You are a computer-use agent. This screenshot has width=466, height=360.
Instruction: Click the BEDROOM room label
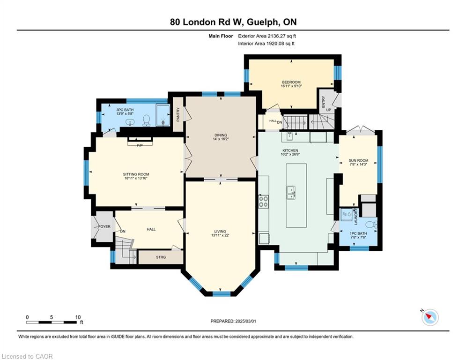point(291,82)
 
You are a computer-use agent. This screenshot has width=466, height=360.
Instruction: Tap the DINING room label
point(221,135)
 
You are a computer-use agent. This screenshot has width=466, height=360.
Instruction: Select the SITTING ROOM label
point(136,174)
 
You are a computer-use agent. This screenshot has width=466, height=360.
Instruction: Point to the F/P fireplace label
point(140,145)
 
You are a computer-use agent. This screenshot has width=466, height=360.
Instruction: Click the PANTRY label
point(178,114)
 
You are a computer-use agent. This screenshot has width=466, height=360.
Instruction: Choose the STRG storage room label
point(161,257)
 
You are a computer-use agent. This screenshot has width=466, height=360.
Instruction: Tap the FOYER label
point(104,227)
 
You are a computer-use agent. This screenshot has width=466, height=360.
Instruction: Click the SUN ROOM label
point(358,160)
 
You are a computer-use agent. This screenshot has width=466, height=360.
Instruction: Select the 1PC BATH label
point(358,233)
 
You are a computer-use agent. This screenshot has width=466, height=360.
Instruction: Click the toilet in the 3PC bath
point(146,120)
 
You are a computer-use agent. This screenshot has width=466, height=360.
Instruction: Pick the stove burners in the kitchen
point(263,202)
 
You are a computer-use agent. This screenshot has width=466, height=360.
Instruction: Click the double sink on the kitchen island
point(291,193)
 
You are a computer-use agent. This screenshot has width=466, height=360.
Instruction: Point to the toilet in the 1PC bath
point(370,225)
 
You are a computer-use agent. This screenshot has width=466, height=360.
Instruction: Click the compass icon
point(430,317)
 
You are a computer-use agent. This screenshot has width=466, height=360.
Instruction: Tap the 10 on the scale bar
point(78,317)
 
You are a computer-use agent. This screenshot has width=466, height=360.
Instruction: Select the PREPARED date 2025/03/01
point(245,321)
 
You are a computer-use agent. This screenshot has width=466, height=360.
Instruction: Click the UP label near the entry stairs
point(328,110)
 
